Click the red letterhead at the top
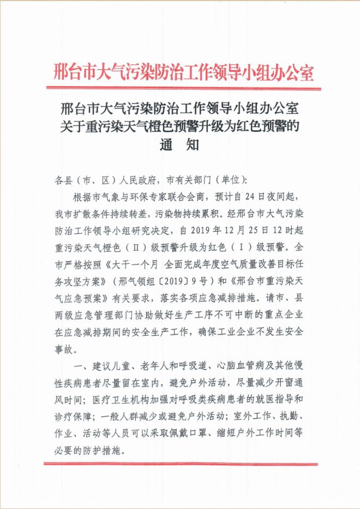point(184,71)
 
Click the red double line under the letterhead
point(184,89)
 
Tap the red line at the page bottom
point(184,464)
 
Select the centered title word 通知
point(179,146)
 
